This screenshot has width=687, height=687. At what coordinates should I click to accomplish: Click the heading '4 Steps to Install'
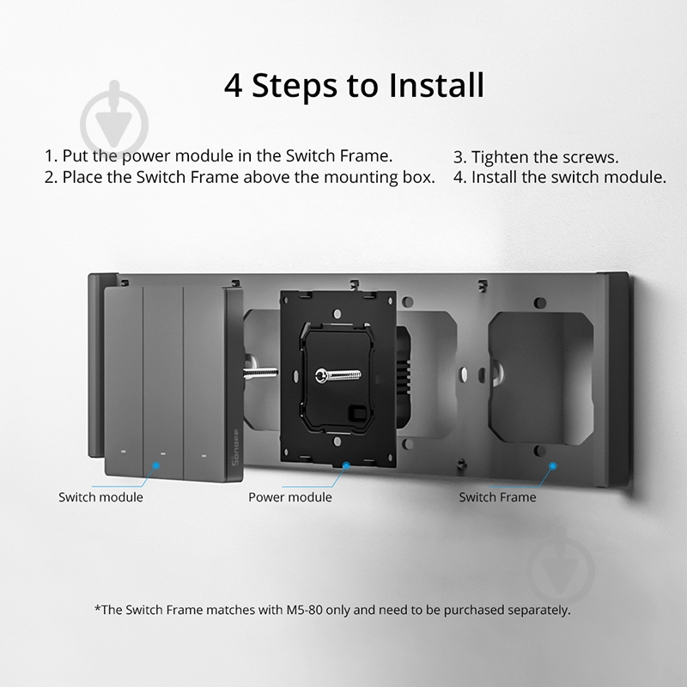tap(354, 85)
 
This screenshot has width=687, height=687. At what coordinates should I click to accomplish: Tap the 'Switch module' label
tap(100, 497)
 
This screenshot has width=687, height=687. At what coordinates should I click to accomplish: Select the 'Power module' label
tap(290, 497)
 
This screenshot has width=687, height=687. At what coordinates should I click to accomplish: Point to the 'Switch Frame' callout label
tap(497, 497)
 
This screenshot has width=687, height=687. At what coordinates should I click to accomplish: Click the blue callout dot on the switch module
tap(156, 465)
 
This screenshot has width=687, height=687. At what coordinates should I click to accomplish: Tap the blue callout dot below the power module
tap(346, 465)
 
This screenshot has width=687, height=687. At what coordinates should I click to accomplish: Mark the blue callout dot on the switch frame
tap(553, 466)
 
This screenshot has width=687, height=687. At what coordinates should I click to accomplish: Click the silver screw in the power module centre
tap(338, 375)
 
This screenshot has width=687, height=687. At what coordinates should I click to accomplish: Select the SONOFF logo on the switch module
tap(234, 447)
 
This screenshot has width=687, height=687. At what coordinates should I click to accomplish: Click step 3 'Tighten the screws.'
tap(536, 157)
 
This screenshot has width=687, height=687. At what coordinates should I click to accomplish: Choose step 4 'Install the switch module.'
tap(560, 177)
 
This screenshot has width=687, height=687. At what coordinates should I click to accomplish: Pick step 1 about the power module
tap(219, 156)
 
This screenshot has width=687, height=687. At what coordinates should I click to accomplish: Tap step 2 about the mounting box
tap(240, 177)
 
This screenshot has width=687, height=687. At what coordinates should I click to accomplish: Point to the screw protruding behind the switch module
tap(260, 372)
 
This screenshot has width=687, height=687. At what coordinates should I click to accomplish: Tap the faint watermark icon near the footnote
tap(562, 569)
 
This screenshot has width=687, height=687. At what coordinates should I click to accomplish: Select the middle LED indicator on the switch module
tap(163, 453)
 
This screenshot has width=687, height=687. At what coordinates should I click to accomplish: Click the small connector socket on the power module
tap(355, 413)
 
